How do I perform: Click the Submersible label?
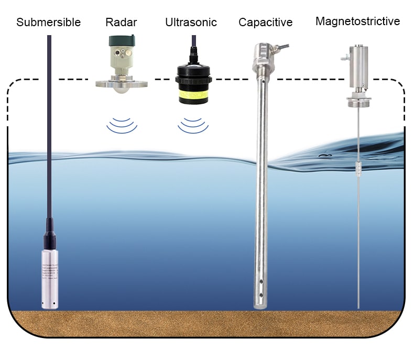click(49, 22)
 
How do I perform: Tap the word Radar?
click(121, 22)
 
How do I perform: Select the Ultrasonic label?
click(191, 22)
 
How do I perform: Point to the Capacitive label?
click(265, 22)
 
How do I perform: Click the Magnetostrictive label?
click(357, 21)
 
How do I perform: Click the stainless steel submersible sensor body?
click(50, 278)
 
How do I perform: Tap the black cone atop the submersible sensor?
click(50, 233)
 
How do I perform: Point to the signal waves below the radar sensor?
click(122, 125)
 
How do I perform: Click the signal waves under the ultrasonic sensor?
click(192, 125)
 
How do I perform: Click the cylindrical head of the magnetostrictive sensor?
click(359, 63)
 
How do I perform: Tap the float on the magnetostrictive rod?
click(359, 168)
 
